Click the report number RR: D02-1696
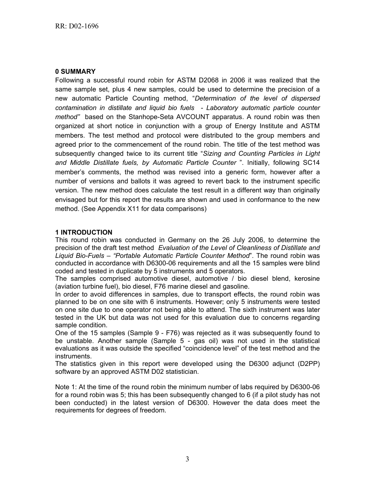pyautogui.click(x=77, y=26)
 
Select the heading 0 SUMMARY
pyautogui.click(x=75, y=71)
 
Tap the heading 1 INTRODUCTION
pyautogui.click(x=84, y=232)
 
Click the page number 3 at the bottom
pyautogui.click(x=187, y=459)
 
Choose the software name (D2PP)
pyautogui.click(x=306, y=364)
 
